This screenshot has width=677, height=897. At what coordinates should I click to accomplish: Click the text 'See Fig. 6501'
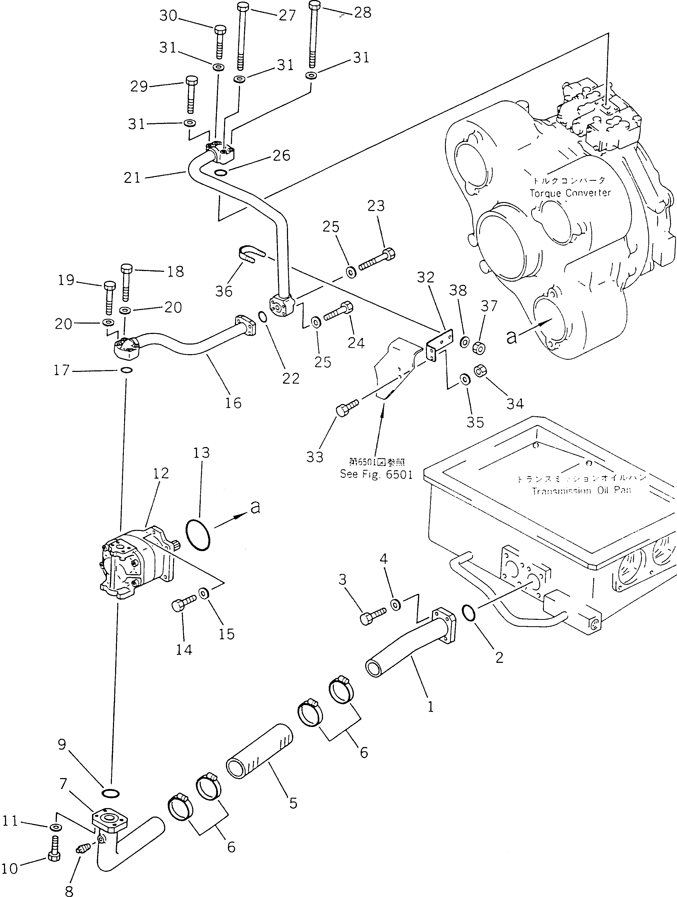(x=376, y=474)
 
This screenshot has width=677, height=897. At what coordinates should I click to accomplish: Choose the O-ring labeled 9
(x=110, y=792)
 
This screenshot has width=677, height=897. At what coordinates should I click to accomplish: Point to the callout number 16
(x=233, y=403)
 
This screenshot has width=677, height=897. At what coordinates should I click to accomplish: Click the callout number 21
(x=132, y=177)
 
